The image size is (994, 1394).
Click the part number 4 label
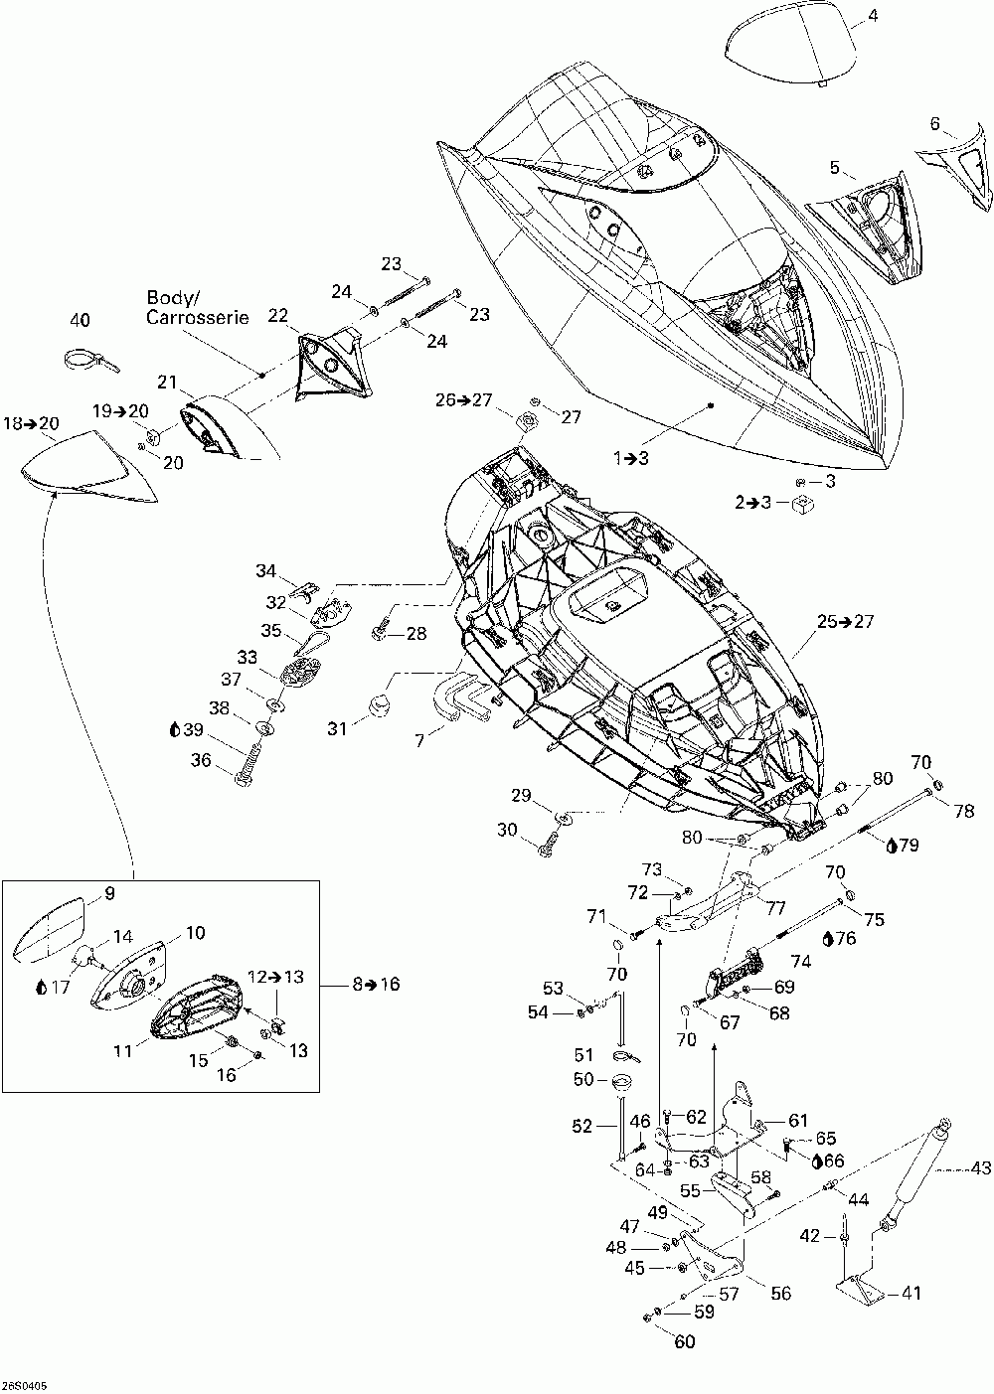tap(873, 17)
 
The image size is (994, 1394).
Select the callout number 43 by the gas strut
tap(980, 1168)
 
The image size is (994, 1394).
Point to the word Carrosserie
tap(197, 317)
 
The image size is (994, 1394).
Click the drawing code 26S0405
tap(24, 1386)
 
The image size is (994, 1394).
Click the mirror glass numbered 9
tap(48, 927)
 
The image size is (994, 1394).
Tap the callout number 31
tap(337, 728)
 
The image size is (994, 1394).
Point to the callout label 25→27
tap(845, 621)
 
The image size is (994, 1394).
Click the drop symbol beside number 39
tap(175, 729)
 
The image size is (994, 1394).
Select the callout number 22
tap(277, 316)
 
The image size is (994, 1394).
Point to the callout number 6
tap(934, 124)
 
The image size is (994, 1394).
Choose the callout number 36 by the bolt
tap(201, 759)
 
